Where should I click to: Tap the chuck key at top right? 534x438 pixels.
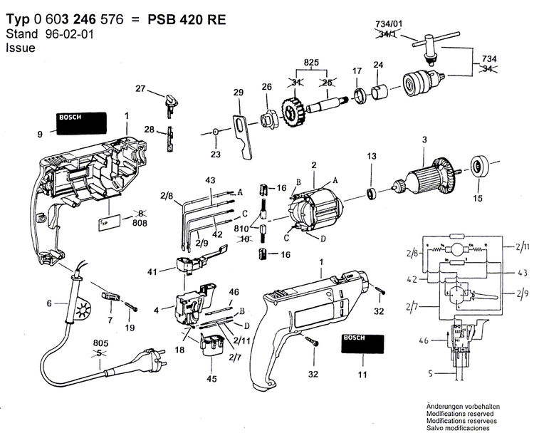click(x=432, y=41)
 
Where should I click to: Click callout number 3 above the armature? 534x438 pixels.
click(x=424, y=139)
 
